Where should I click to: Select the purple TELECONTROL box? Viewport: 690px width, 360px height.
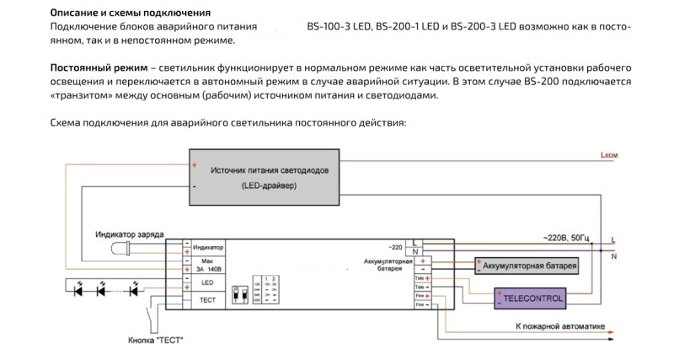point(530,298)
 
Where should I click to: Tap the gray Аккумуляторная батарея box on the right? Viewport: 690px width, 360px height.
point(528,266)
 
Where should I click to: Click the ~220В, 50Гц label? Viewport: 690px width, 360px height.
point(570,237)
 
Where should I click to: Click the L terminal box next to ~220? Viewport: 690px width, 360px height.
point(415,243)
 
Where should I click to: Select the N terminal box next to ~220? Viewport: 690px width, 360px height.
point(415,252)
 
